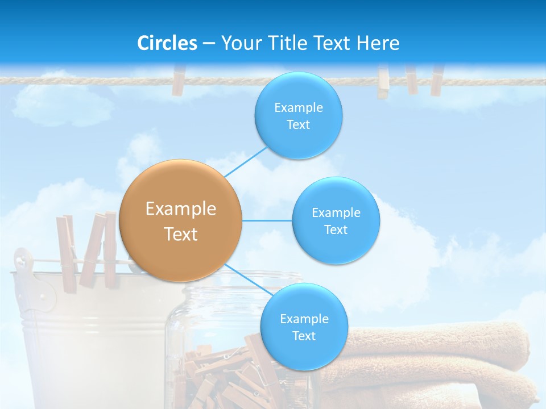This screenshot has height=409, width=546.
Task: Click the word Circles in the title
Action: click(167, 43)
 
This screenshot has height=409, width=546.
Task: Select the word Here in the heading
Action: click(378, 43)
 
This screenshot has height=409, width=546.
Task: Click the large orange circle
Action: click(181, 220)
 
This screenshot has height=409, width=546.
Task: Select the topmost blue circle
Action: click(298, 115)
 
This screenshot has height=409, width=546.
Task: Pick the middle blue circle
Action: click(336, 220)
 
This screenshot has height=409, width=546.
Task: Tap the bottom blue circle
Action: click(304, 327)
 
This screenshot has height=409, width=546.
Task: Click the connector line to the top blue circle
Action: click(246, 162)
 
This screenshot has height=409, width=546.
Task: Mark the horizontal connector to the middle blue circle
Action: click(267, 220)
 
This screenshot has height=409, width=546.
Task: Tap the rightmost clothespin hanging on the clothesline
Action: click(437, 80)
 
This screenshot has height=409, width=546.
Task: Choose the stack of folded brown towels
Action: click(438, 364)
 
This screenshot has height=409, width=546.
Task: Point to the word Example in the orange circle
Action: click(181, 209)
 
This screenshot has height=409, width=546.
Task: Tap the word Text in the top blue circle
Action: click(298, 125)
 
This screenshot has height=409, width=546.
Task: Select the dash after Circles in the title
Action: click(209, 44)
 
